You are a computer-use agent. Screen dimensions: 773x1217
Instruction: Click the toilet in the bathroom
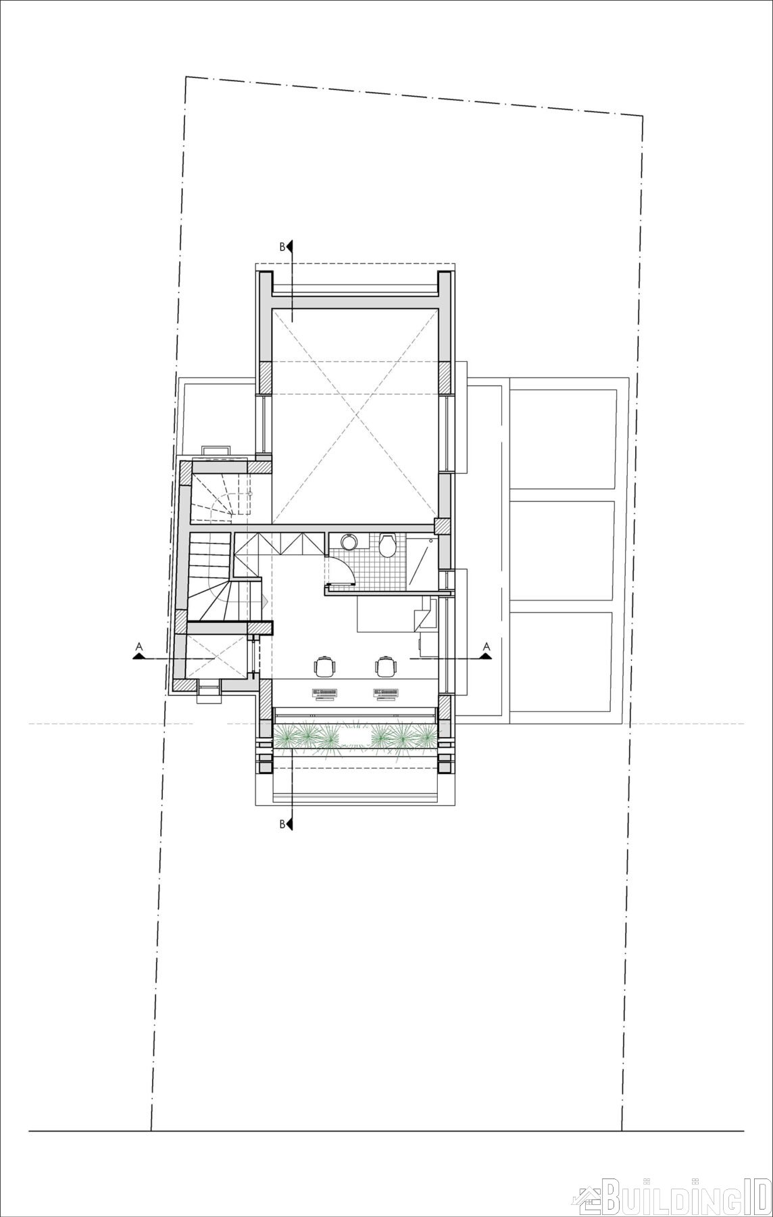tap(387, 546)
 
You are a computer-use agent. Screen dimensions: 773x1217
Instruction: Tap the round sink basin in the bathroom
tap(349, 542)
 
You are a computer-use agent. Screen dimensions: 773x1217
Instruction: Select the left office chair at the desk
tap(325, 665)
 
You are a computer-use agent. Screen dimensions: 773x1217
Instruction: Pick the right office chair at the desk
tap(386, 665)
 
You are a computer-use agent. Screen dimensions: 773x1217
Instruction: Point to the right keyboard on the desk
tap(386, 692)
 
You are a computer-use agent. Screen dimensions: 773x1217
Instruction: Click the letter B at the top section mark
tap(282, 247)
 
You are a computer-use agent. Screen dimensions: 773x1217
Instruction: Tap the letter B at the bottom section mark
tap(282, 824)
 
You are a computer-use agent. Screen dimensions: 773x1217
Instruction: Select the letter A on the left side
tap(139, 647)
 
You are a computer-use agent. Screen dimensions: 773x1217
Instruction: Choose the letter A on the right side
tap(485, 647)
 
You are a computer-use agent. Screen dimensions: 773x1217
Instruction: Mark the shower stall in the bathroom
tap(423, 561)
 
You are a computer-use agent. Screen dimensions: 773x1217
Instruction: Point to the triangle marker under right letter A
tap(485, 655)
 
